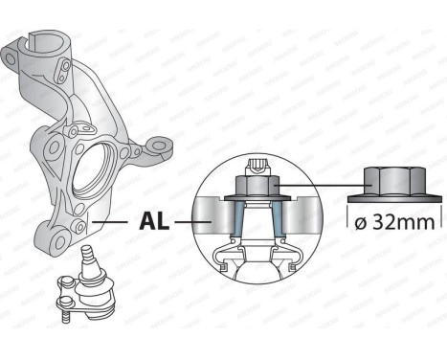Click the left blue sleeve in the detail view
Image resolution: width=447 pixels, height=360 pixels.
point(235,217)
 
